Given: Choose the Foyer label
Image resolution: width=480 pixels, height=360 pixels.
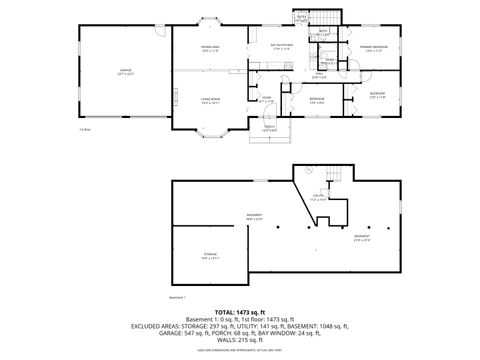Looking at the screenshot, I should (267, 100).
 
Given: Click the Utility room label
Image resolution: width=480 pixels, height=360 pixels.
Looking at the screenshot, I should (319, 198).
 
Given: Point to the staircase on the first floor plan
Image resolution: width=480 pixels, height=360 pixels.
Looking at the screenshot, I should (330, 17).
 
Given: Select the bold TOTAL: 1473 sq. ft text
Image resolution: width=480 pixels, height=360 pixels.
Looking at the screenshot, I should (240, 313).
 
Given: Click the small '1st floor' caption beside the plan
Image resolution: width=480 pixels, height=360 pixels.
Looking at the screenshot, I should (85, 128).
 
